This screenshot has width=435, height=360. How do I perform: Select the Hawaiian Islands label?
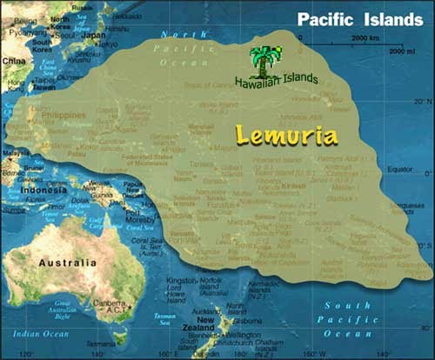pyautogui.click(x=276, y=80)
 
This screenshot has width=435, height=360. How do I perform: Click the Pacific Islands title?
pyautogui.click(x=359, y=19)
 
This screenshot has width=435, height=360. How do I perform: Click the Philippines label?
pyautogui.click(x=64, y=116)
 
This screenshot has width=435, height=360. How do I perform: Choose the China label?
pyautogui.click(x=13, y=62)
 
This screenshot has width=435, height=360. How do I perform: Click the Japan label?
pyautogui.click(x=94, y=36)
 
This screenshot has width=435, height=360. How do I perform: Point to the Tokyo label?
pyautogui.click(x=107, y=43)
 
